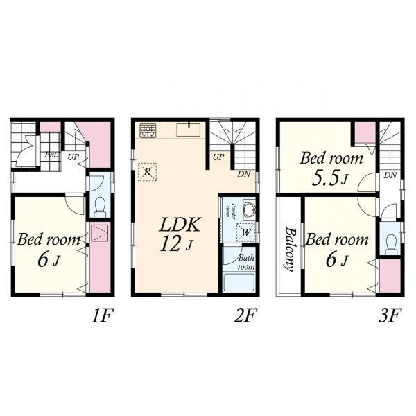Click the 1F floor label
pyautogui.click(x=103, y=315)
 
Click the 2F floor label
pyautogui.click(x=245, y=315)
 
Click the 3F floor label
pyautogui.click(x=390, y=315)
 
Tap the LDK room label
pyautogui.click(x=180, y=225)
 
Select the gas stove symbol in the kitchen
pyautogui.click(x=148, y=130)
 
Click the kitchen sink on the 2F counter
pyautogui.click(x=189, y=130)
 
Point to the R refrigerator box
pyautogui.click(x=147, y=172)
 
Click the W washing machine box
pyautogui.click(x=245, y=233)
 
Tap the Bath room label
pyautogui.click(x=246, y=262)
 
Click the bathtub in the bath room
pyautogui.click(x=239, y=282)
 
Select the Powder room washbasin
pyautogui.click(x=250, y=209)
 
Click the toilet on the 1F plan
pyautogui.click(x=101, y=207)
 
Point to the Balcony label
pyautogui.click(x=289, y=250)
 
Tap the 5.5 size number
pyautogui.click(x=326, y=179)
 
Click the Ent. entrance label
pyautogui.click(x=51, y=155)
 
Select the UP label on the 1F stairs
pyautogui.click(x=73, y=157)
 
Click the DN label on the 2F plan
pyautogui.click(x=244, y=174)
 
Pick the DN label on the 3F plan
pyautogui.click(x=390, y=175)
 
